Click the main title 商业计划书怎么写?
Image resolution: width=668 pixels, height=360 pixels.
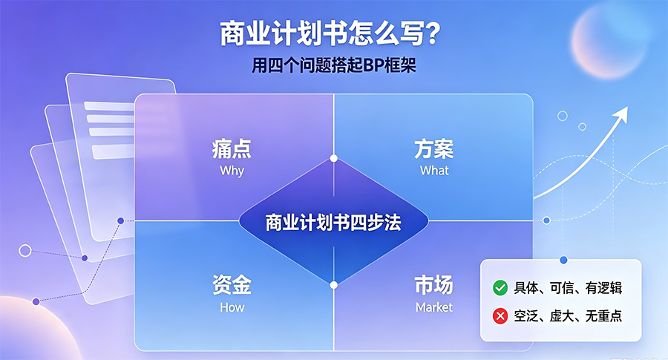click(330, 34)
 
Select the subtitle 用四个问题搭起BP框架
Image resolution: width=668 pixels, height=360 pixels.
click(333, 65)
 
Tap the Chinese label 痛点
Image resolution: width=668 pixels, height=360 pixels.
click(232, 149)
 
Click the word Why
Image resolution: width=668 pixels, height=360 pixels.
click(232, 171)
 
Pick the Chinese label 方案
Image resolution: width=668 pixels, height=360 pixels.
click(433, 149)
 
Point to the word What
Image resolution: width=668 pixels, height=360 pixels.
click(434, 171)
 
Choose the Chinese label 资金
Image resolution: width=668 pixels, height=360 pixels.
click(232, 284)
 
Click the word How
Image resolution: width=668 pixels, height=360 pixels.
click(232, 307)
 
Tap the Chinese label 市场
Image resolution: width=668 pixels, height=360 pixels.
click(433, 284)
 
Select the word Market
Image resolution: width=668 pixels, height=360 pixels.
click(434, 307)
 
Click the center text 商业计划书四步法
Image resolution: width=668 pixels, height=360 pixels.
click(333, 223)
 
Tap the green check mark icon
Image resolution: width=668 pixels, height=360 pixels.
click(500, 288)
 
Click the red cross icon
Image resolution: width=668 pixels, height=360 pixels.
click(500, 316)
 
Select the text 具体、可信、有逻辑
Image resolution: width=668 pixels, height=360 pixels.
click(568, 288)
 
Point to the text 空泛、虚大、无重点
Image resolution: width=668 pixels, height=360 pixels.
click(568, 316)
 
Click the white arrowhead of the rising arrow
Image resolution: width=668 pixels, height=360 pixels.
click(622, 114)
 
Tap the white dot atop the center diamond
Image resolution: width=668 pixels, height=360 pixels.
click(334, 159)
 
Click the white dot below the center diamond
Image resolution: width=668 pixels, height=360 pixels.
click(334, 285)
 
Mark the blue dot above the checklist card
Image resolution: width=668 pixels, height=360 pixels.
click(563, 260)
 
